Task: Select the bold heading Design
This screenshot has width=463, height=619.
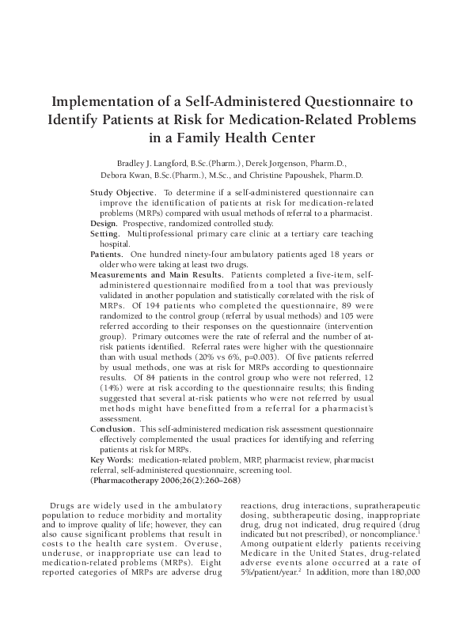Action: pyautogui.click(x=106, y=224)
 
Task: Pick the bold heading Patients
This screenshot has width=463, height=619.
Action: pyautogui.click(x=108, y=255)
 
